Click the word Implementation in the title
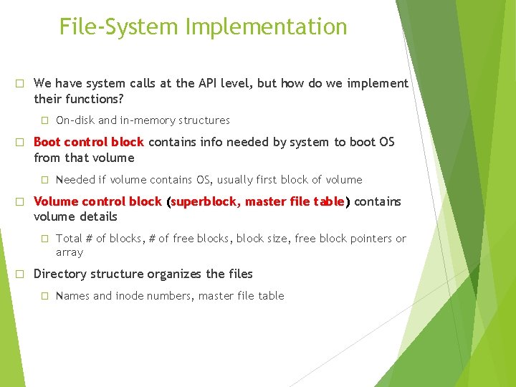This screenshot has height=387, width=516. pyautogui.click(x=266, y=27)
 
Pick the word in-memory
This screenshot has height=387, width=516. pyautogui.click(x=150, y=120)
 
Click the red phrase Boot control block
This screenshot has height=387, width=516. pyautogui.click(x=89, y=142)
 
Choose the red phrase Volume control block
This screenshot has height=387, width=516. pyautogui.click(x=97, y=201)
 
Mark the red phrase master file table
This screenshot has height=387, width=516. pyautogui.click(x=295, y=201)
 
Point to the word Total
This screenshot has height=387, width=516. pyautogui.click(x=69, y=239)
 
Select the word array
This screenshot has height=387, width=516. pyautogui.click(x=70, y=252)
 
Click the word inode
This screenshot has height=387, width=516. pyautogui.click(x=134, y=296)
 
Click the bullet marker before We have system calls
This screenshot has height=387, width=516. pyautogui.click(x=21, y=83)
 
